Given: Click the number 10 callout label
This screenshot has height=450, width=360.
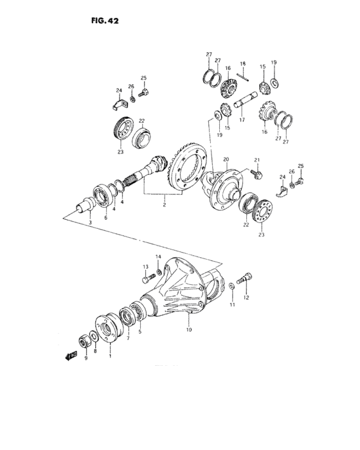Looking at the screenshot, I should pos(189,330).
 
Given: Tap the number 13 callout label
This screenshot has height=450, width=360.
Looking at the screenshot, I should pos(145,267).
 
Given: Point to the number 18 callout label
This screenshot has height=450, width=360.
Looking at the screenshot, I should pos(243,64).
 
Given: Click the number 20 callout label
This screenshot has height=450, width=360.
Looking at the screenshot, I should pos(226,159).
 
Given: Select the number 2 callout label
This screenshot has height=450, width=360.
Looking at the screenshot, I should pos(165,205).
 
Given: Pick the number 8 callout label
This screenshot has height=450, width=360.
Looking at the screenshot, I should pos(95,352).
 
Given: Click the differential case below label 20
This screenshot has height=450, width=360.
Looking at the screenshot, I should pos(224,188).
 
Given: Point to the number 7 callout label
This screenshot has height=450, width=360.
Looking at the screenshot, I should pos(128,338).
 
